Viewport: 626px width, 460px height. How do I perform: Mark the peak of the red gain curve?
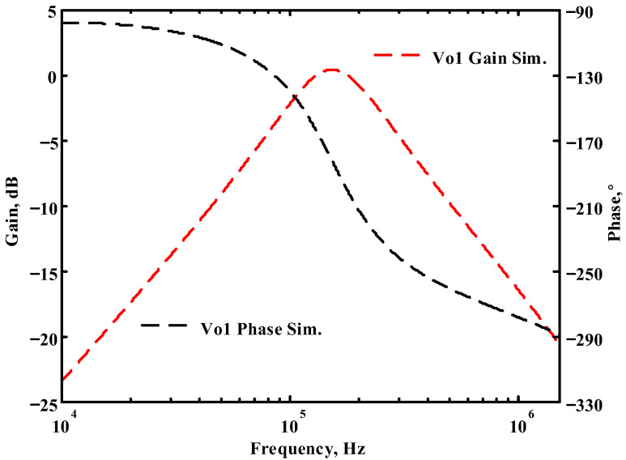[332, 70]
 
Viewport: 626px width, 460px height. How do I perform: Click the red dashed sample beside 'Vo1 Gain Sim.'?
[397, 55]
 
